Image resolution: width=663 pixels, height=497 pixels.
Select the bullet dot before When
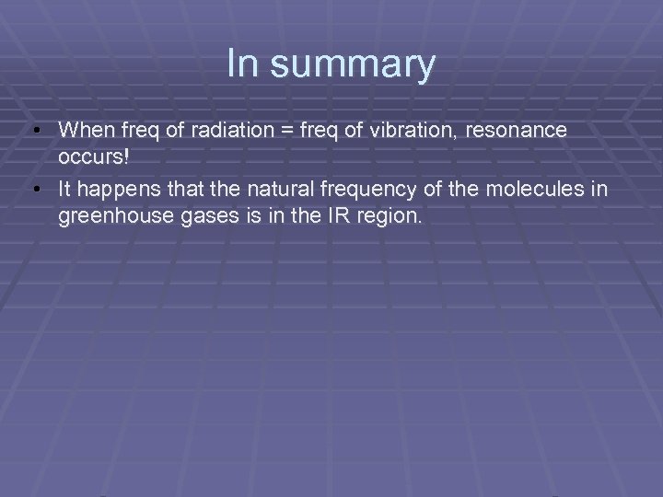click(36, 132)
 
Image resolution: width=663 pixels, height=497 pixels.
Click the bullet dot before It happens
click(36, 191)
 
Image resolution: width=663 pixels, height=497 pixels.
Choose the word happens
click(112, 191)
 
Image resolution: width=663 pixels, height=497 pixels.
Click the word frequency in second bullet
click(347, 191)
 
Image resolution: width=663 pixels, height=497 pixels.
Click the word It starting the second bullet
click(64, 191)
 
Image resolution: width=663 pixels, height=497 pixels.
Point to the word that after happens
click(171, 191)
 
